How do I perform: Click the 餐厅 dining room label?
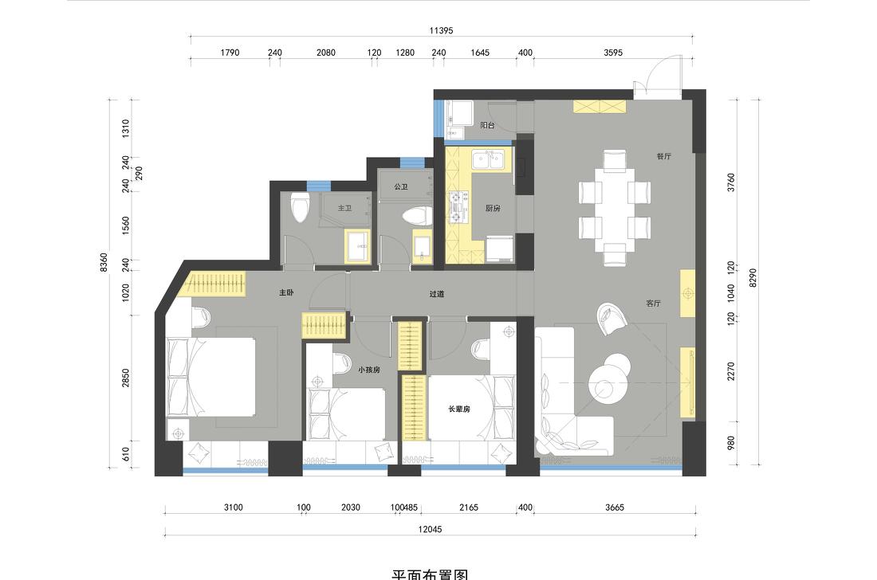[663, 157]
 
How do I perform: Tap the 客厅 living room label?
[653, 304]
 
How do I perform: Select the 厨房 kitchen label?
[493, 209]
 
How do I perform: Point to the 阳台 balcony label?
[487, 126]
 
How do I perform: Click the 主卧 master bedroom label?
[286, 293]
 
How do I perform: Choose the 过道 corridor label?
[436, 294]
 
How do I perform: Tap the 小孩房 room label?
[369, 370]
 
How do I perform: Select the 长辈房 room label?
[459, 409]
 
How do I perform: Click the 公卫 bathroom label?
[401, 187]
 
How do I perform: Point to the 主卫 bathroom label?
[344, 208]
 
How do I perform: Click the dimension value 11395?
[441, 30]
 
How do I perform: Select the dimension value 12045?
[430, 529]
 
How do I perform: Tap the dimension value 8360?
[104, 262]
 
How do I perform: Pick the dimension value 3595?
[612, 53]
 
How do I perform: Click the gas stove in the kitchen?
[458, 207]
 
